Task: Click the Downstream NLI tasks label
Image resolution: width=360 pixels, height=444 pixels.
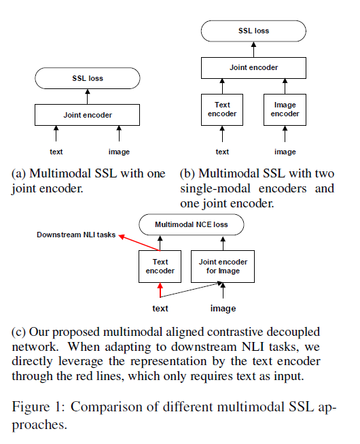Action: [x=76, y=235]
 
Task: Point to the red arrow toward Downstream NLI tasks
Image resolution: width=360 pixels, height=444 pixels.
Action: [x=139, y=243]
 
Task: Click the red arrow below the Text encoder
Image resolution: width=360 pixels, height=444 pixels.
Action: [x=160, y=290]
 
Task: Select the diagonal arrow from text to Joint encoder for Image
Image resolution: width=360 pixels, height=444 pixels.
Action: [x=191, y=290]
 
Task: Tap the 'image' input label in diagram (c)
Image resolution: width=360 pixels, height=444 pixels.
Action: [x=223, y=309]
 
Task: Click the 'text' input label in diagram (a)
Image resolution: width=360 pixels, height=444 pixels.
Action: [x=56, y=152]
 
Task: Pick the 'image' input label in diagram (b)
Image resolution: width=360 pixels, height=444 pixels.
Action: [x=285, y=152]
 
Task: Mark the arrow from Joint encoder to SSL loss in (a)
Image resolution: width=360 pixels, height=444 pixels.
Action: [x=88, y=97]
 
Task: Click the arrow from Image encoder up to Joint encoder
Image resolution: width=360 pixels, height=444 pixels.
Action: [x=285, y=86]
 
